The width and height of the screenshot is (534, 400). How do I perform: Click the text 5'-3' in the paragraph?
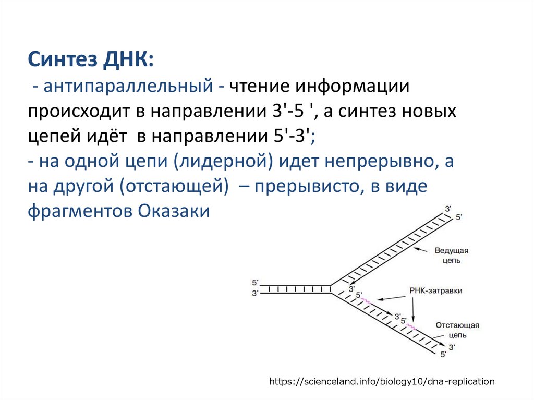pyautogui.click(x=293, y=137)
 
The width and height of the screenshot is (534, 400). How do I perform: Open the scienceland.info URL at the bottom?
pyautogui.click(x=382, y=381)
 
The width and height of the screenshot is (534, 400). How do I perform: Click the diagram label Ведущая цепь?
pyautogui.click(x=452, y=255)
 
